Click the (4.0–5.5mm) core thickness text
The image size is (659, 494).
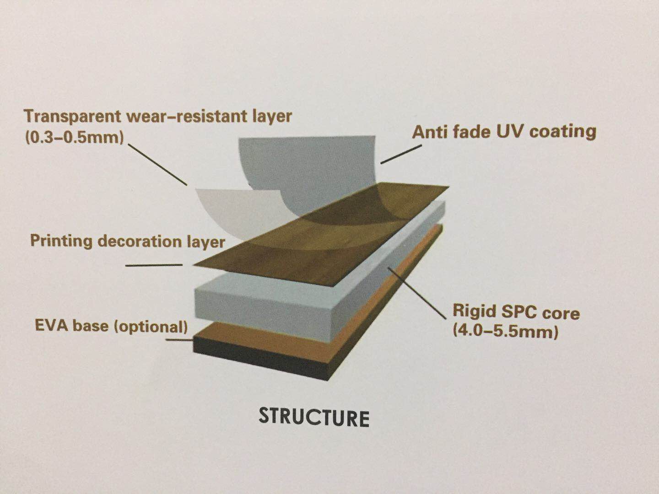505,331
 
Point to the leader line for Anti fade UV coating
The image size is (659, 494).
401,154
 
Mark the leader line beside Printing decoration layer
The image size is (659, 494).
154,265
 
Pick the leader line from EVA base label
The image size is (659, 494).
179,340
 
